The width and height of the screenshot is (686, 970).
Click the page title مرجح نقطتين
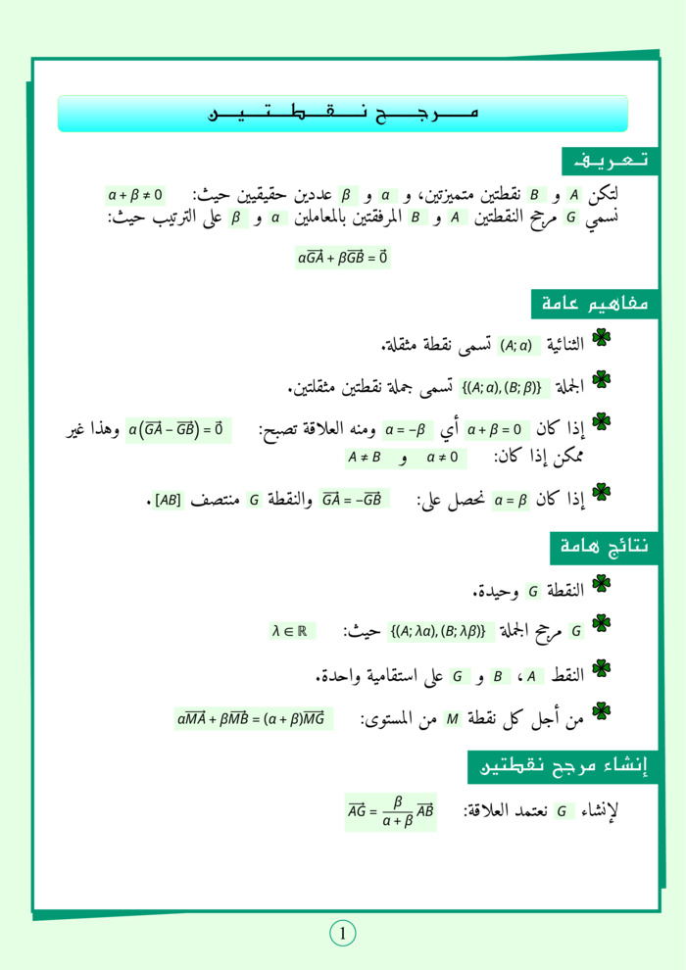pyautogui.click(x=343, y=114)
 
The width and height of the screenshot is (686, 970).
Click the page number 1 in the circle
pyautogui.click(x=343, y=934)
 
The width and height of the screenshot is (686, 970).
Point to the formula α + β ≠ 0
pyautogui.click(x=135, y=195)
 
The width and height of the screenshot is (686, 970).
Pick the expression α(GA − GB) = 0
pyautogui.click(x=177, y=429)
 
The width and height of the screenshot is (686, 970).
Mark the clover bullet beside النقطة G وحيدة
pyautogui.click(x=602, y=585)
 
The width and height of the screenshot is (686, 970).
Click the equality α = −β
pyautogui.click(x=410, y=429)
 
